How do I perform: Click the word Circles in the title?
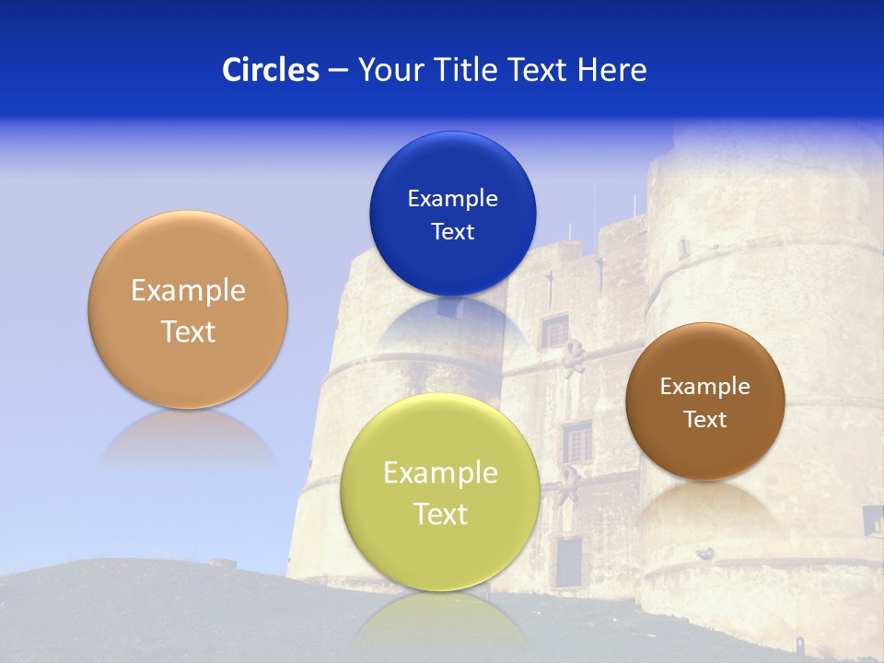[x=270, y=70]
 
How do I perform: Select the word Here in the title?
[x=611, y=70]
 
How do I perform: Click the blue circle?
[x=452, y=214]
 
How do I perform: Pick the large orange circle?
[x=188, y=309]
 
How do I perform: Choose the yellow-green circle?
[x=440, y=492]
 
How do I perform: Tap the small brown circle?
[x=704, y=401]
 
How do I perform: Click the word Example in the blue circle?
[x=452, y=198]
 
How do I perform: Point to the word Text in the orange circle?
[x=188, y=331]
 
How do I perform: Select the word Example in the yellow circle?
[x=440, y=472]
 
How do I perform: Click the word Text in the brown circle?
[x=704, y=419]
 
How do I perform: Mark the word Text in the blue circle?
[x=452, y=231]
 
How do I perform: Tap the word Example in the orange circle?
[x=188, y=290]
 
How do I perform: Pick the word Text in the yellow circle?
[x=440, y=514]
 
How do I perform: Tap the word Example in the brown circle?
[x=704, y=386]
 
